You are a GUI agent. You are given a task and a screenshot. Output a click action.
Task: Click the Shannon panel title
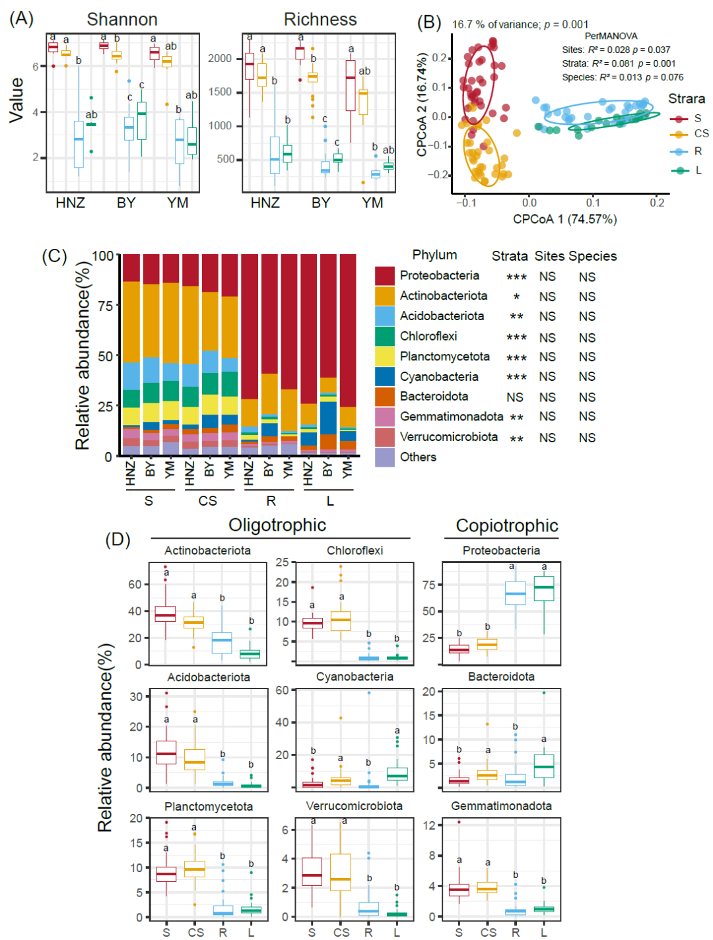point(122,20)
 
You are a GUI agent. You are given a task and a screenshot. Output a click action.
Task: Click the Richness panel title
point(320,20)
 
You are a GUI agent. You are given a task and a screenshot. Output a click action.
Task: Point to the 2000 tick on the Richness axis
point(220,59)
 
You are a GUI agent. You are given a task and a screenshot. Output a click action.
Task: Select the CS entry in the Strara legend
point(701,133)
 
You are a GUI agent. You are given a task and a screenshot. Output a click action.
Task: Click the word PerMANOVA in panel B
point(611,36)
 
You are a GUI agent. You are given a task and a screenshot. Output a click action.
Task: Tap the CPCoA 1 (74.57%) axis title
point(564,219)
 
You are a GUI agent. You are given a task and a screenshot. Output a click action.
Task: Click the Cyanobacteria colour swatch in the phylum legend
point(385,376)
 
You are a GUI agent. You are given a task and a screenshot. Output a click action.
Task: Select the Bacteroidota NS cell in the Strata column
point(515,397)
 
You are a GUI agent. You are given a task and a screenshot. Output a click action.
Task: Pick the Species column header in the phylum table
point(593,256)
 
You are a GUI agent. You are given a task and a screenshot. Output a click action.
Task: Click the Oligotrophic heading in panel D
point(277,525)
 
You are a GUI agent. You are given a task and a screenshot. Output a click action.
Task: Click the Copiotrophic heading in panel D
point(507,526)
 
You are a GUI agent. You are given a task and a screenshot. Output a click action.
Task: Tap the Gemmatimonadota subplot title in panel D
point(501,806)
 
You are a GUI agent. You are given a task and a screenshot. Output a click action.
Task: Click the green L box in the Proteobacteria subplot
point(544,588)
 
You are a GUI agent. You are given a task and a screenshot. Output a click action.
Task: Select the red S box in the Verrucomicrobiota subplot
point(312,876)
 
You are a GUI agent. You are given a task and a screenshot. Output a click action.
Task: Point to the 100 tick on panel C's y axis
point(102,256)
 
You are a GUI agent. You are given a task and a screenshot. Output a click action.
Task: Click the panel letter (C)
point(54,256)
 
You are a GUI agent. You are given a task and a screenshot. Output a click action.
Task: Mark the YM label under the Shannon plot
point(178,203)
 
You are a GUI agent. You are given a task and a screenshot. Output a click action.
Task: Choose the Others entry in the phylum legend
point(418,457)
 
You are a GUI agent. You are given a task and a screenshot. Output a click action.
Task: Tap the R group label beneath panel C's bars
point(271,501)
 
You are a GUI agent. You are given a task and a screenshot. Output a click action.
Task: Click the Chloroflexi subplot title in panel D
point(355,551)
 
